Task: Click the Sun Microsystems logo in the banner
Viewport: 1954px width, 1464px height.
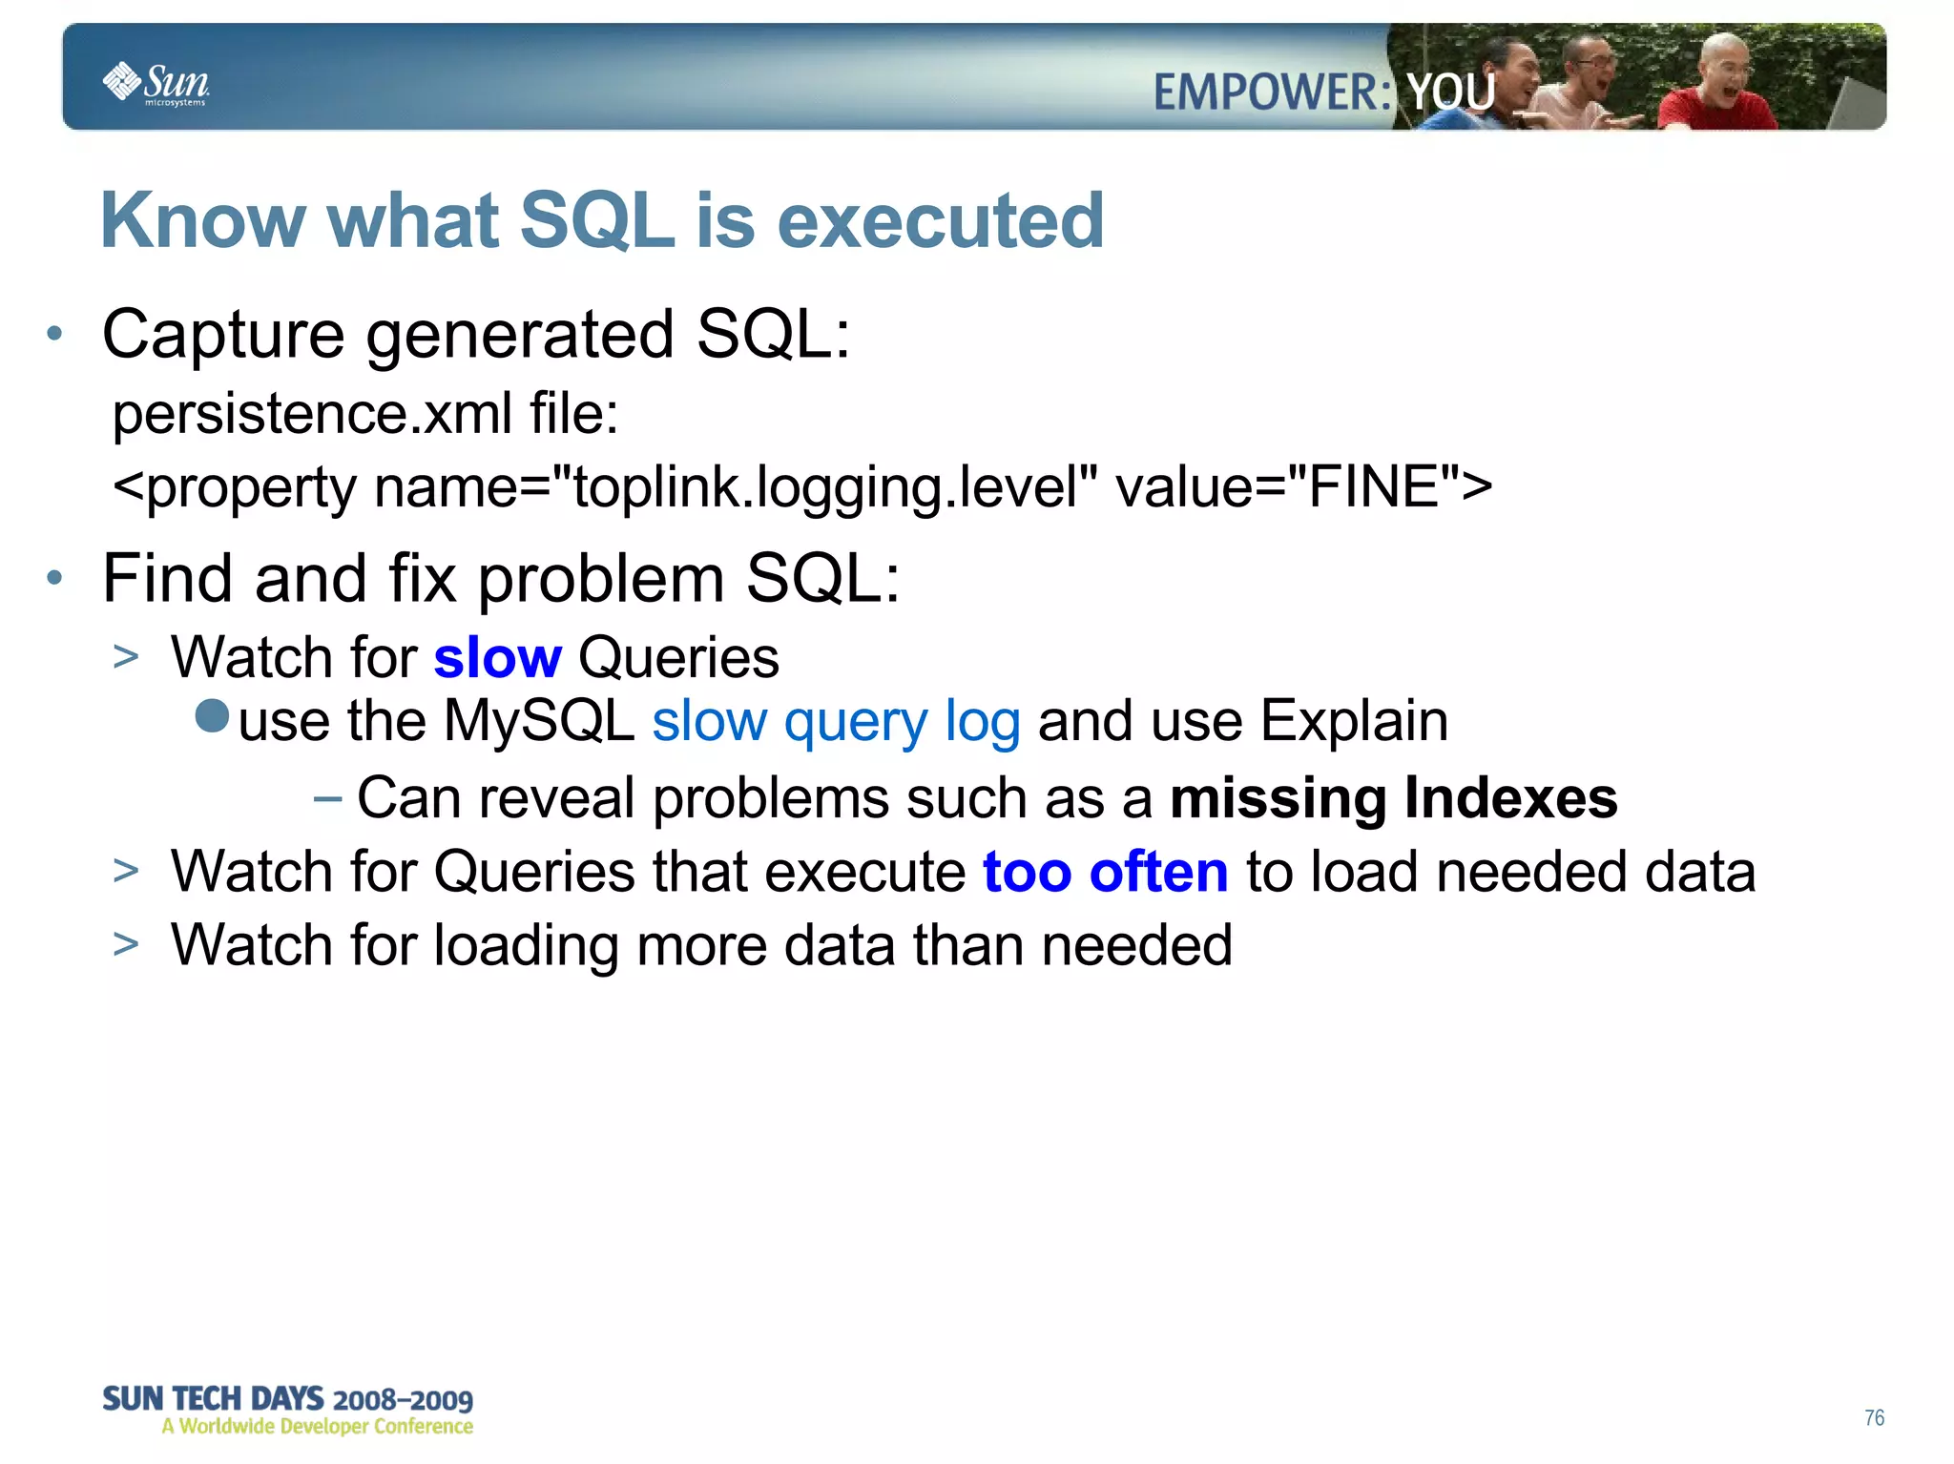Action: pyautogui.click(x=156, y=83)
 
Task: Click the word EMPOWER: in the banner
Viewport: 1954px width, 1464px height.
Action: pyautogui.click(x=1272, y=93)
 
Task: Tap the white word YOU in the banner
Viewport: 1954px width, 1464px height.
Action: pyautogui.click(x=1451, y=93)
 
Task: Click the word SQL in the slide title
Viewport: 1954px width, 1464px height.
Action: pyautogui.click(x=598, y=220)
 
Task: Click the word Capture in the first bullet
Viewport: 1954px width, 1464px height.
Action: pyautogui.click(x=223, y=336)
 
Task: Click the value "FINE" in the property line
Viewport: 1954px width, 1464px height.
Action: pyautogui.click(x=1372, y=487)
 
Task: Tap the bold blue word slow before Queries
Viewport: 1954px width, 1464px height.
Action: pyautogui.click(x=497, y=658)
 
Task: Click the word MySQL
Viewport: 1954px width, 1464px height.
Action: pyautogui.click(x=539, y=721)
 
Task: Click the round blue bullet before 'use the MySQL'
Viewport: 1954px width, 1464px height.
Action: pyautogui.click(x=212, y=716)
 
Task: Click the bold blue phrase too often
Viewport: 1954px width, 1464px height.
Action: pyautogui.click(x=1105, y=872)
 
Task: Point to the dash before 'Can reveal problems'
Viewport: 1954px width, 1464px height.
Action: pyautogui.click(x=327, y=797)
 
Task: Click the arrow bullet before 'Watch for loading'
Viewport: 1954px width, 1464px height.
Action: pyautogui.click(x=125, y=944)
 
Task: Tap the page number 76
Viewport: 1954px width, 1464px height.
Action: pyautogui.click(x=1874, y=1417)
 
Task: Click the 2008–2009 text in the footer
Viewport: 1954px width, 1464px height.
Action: pyautogui.click(x=403, y=1400)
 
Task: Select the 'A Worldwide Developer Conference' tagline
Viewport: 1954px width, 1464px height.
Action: pyautogui.click(x=317, y=1427)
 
